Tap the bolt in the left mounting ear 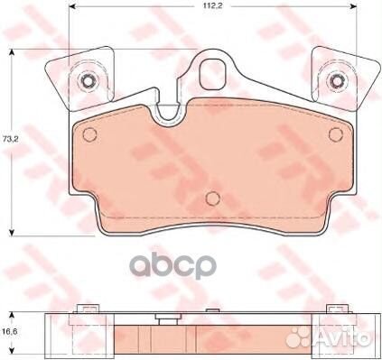point(88,80)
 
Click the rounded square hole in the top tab point(212,74)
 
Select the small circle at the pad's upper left point(89,134)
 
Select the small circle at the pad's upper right point(336,134)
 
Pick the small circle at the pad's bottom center point(213,198)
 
